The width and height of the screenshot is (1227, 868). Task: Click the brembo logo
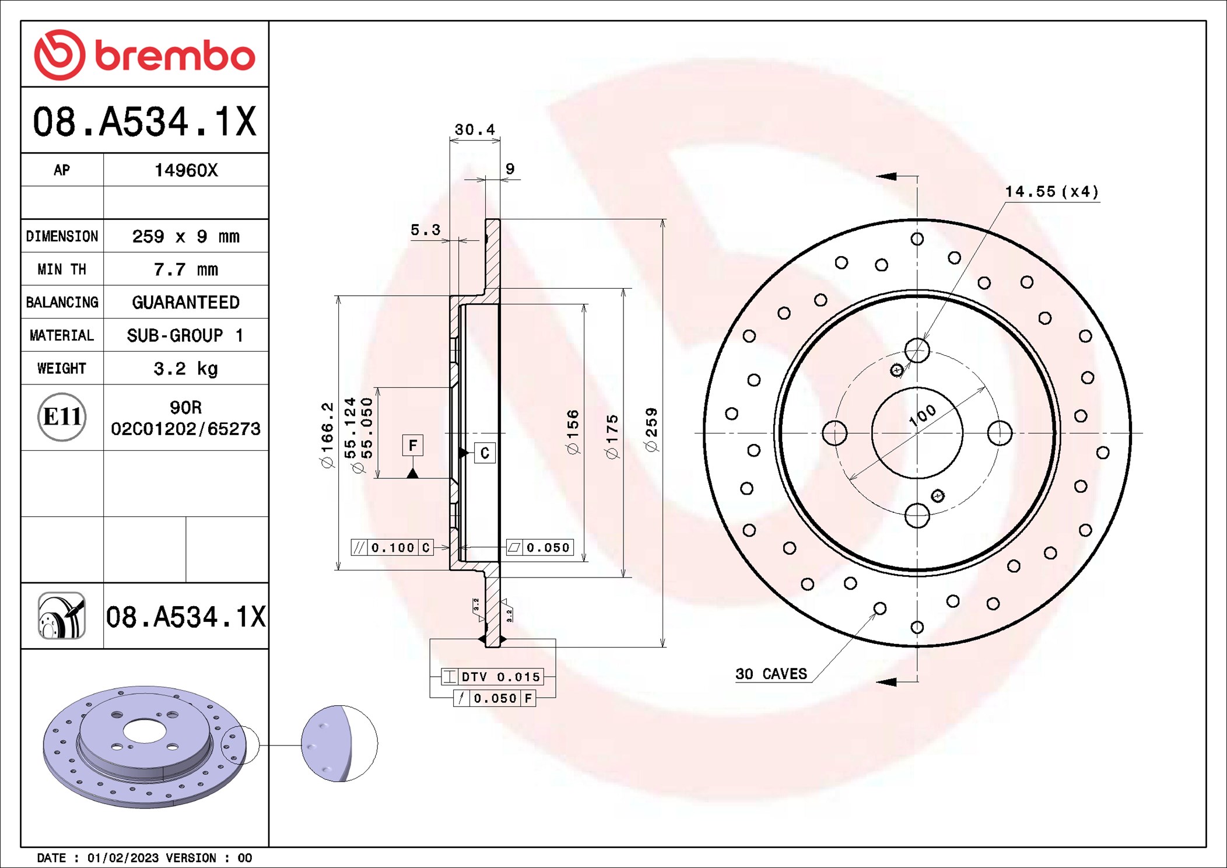145,55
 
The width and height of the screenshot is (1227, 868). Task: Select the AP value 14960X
185,170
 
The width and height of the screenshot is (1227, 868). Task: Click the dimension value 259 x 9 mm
185,236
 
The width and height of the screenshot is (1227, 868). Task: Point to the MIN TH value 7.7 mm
185,269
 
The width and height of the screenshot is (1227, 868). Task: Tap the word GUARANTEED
185,302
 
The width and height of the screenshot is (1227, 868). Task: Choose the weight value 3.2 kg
185,369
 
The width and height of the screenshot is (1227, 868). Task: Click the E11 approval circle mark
62,417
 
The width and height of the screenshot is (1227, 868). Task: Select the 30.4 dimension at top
475,129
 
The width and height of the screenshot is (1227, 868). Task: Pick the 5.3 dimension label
425,230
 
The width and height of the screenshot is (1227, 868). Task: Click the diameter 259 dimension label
651,430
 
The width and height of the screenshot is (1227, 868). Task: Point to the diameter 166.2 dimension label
327,435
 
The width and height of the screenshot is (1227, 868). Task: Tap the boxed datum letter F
413,446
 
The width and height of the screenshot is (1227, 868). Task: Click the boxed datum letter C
485,453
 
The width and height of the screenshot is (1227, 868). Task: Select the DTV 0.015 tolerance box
493,677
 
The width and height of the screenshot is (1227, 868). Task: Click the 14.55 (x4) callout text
1051,191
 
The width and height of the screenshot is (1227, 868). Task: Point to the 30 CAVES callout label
771,674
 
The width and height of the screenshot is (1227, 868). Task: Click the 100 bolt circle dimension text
923,415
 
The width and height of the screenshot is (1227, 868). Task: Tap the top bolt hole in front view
917,351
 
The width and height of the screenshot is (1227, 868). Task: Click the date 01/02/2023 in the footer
122,858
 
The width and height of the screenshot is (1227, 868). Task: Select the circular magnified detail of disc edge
339,744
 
